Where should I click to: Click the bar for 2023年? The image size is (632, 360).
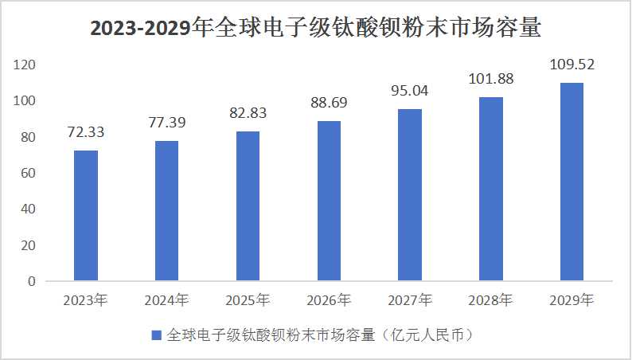coord(86,216)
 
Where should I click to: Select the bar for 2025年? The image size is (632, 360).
coord(248,206)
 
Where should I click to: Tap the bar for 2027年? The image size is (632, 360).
coord(410,195)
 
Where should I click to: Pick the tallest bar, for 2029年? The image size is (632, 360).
coord(572,182)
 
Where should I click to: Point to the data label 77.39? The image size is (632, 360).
coord(167,123)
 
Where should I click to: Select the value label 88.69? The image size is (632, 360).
coord(329,103)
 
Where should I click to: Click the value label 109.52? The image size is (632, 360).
coord(572,64)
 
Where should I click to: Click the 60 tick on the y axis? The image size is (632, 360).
coord(29,173)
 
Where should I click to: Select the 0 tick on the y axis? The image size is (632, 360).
coord(32,281)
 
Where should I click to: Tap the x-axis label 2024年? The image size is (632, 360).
coord(167,300)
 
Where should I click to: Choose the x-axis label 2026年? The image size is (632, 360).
coord(329,300)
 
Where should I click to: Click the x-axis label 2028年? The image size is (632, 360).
coord(491,300)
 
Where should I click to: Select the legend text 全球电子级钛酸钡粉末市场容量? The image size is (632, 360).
coord(271,335)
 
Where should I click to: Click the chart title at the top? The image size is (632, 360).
coord(316,29)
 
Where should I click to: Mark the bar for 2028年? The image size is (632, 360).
coord(491,189)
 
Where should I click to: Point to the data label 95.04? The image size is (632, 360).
coord(410,90)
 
